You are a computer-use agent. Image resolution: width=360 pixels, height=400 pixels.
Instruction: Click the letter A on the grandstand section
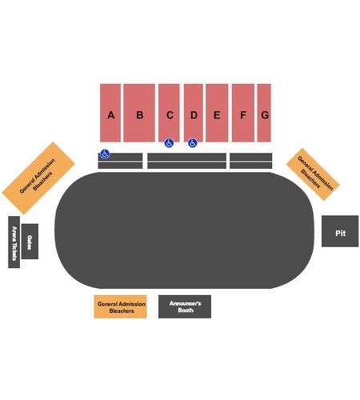pyautogui.click(x=111, y=115)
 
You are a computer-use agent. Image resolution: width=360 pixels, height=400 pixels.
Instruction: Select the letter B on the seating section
pyautogui.click(x=140, y=115)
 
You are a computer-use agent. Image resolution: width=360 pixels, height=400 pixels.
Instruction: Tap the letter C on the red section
pyautogui.click(x=170, y=115)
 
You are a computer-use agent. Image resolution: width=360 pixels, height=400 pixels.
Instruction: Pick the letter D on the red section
pyautogui.click(x=194, y=115)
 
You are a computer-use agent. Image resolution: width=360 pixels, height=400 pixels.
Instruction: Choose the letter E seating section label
pyautogui.click(x=217, y=115)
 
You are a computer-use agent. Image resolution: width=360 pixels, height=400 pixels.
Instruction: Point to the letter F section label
pyautogui.click(x=243, y=115)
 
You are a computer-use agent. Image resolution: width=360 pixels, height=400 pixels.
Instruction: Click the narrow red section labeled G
pyautogui.click(x=264, y=113)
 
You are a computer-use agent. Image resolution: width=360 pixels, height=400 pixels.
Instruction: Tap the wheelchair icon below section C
pyautogui.click(x=169, y=143)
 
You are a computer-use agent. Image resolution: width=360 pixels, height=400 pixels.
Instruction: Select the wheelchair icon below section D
pyautogui.click(x=193, y=143)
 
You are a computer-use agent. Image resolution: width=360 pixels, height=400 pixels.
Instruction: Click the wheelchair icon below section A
pyautogui.click(x=105, y=154)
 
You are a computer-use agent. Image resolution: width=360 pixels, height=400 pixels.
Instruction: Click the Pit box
pyautogui.click(x=340, y=231)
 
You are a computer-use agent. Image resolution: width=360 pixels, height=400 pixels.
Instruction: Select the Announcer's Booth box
pyautogui.click(x=185, y=306)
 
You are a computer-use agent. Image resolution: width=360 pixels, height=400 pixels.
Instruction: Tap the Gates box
pyautogui.click(x=30, y=242)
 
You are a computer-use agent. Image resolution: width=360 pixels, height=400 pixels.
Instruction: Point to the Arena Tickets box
pyautogui.click(x=14, y=242)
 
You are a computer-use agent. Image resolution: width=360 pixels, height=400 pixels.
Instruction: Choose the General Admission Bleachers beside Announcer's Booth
pyautogui.click(x=120, y=306)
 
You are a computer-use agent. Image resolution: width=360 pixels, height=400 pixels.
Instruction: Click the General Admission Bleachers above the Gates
pyautogui.click(x=38, y=178)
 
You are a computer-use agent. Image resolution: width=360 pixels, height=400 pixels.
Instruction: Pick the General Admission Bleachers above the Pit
pyautogui.click(x=313, y=174)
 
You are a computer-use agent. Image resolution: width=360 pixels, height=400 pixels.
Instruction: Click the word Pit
pyautogui.click(x=341, y=234)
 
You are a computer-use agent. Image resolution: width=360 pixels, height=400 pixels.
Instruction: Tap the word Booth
pyautogui.click(x=186, y=310)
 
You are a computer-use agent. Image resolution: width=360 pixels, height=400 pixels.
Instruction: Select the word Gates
pyautogui.click(x=30, y=242)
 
